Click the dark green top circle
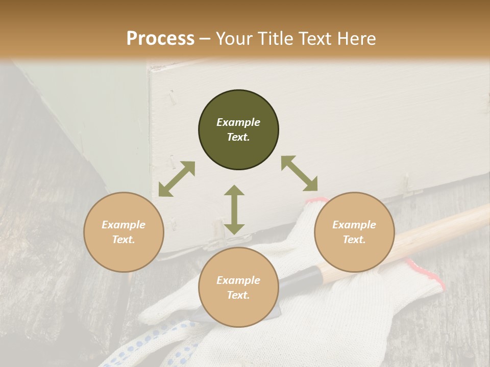click(238, 130)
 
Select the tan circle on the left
click(124, 232)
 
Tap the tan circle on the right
click(354, 232)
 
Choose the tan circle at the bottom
click(238, 287)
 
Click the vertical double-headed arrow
click(234, 209)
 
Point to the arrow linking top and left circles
click(177, 179)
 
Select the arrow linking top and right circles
click(299, 173)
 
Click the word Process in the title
click(160, 38)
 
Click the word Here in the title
click(356, 39)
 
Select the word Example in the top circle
click(238, 122)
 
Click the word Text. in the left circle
click(124, 240)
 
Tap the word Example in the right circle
click(354, 225)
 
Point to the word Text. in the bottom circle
click(238, 295)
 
